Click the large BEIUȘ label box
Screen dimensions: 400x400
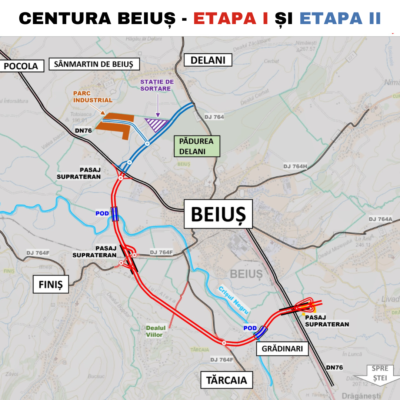[x=218, y=214]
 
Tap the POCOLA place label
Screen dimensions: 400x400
[x=21, y=66]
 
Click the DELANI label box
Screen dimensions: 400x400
[x=208, y=60]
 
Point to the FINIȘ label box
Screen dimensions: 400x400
[x=51, y=284]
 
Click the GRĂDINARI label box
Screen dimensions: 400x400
[x=282, y=349]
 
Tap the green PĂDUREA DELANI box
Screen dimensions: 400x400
[x=196, y=146]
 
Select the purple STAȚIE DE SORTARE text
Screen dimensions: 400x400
[x=157, y=85]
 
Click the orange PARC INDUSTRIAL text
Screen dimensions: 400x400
[x=93, y=97]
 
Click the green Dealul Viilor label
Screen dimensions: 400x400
[x=156, y=331]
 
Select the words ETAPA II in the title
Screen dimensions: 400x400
[x=340, y=19]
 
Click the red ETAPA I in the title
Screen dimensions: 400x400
[x=231, y=19]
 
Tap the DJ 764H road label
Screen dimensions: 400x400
[x=296, y=166]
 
